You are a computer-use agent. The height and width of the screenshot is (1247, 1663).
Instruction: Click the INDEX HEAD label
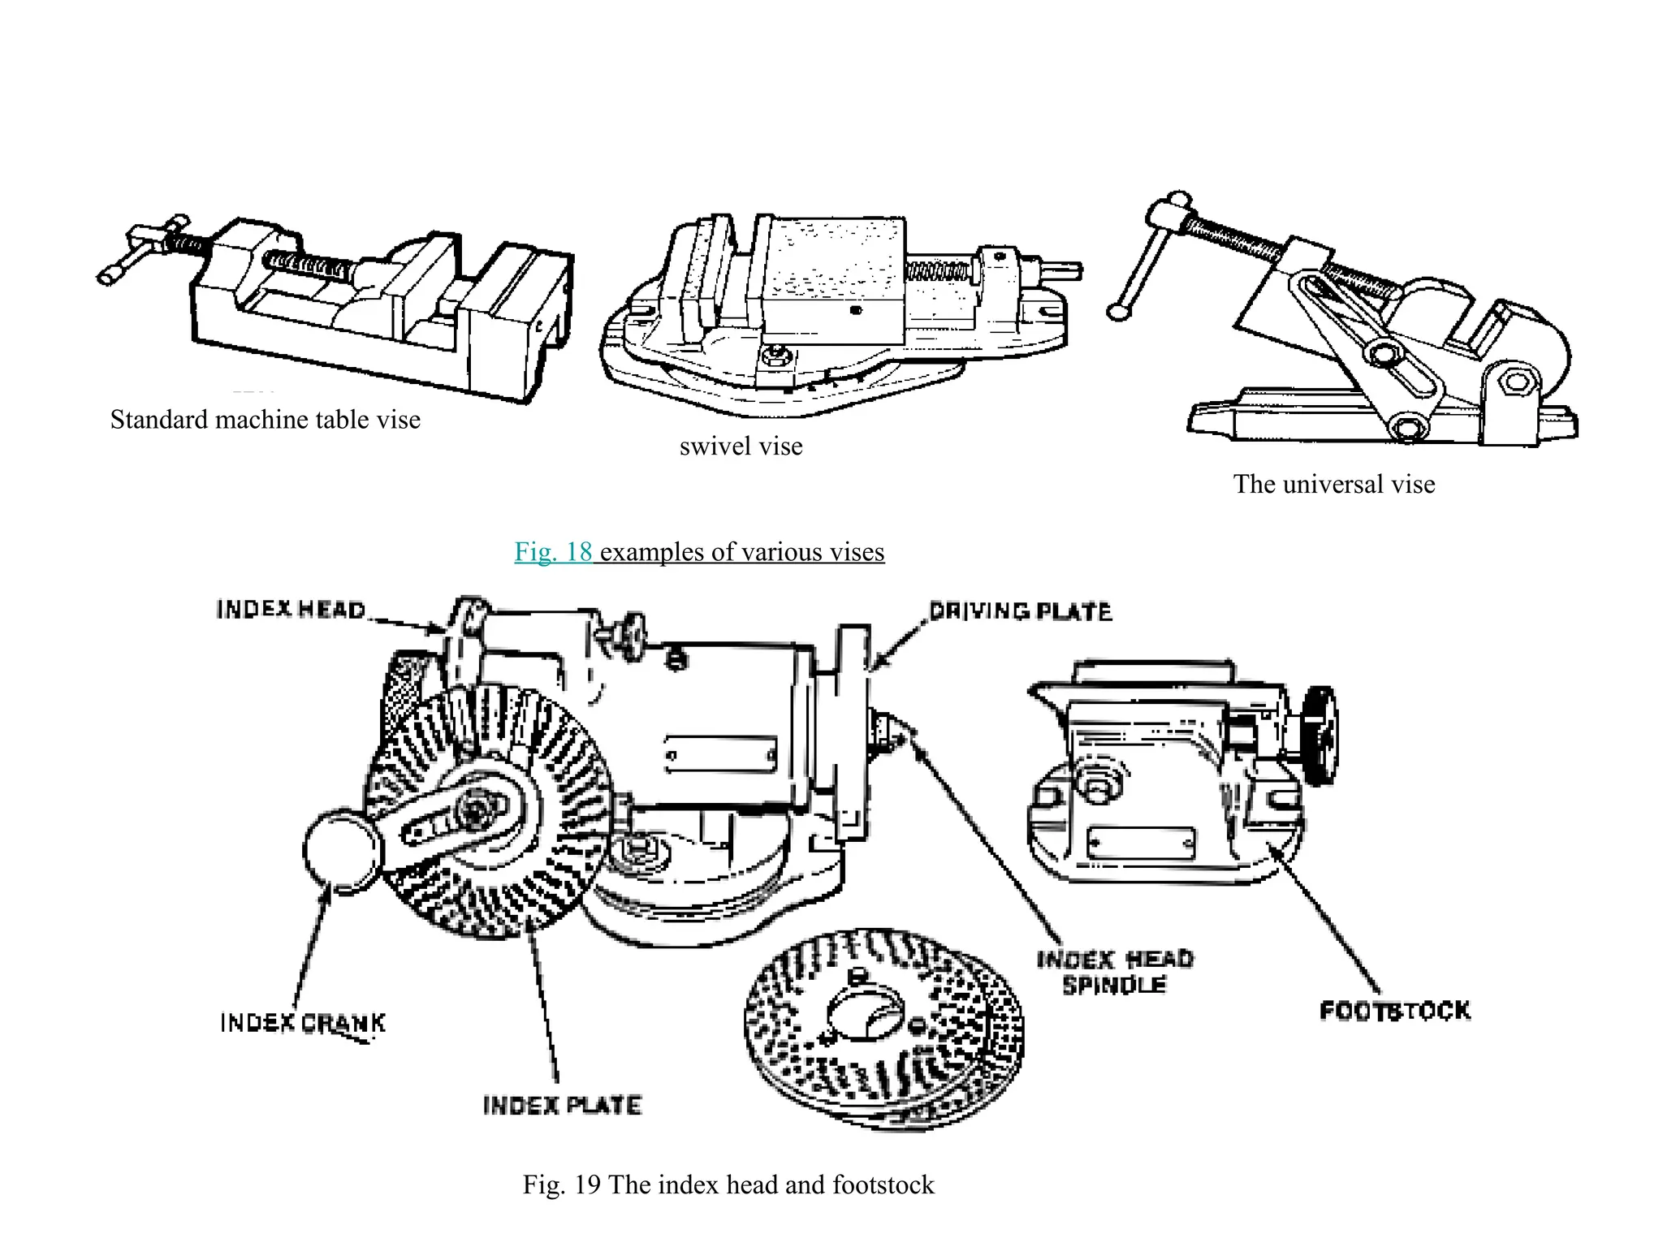tap(291, 610)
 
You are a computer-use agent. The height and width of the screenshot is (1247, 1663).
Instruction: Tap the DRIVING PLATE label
tap(1020, 611)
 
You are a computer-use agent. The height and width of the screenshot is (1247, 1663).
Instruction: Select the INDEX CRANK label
tap(302, 1022)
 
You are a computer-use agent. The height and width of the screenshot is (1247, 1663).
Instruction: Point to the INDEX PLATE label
tap(562, 1105)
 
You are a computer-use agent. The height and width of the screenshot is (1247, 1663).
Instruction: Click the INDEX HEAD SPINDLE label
tap(1115, 972)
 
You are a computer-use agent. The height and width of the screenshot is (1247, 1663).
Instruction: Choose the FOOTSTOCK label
tap(1394, 1011)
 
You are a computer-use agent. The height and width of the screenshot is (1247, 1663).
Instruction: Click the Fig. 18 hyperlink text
tap(553, 552)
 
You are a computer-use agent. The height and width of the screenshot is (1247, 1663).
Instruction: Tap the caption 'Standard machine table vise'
tap(266, 420)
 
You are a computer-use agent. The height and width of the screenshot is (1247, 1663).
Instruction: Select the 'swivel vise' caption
tap(741, 447)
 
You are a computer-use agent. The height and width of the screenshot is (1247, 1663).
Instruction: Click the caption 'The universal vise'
tap(1333, 485)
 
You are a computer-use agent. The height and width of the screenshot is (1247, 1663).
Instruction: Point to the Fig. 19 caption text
tap(728, 1184)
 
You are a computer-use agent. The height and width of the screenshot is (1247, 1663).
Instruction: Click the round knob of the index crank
tap(342, 850)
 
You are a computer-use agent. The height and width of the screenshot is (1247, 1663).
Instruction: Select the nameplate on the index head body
tap(720, 755)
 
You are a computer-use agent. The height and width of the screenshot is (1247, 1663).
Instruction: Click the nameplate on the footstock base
tap(1140, 843)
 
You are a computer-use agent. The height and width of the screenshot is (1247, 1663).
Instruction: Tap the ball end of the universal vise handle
tap(1119, 312)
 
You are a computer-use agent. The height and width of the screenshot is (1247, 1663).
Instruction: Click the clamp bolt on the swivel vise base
tap(776, 354)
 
